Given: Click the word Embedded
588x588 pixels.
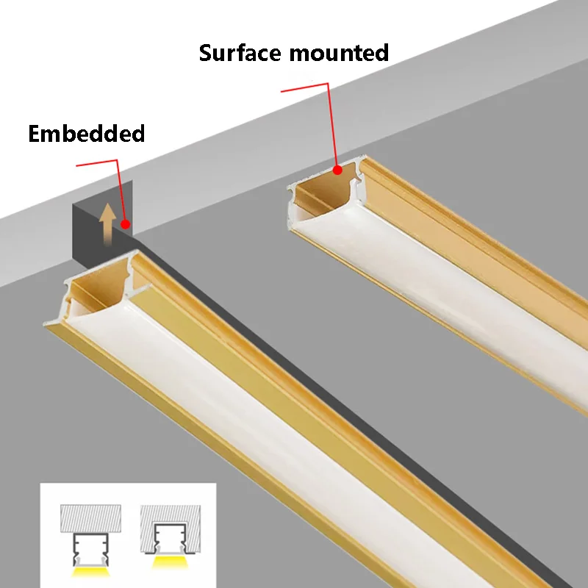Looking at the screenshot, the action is point(86,134).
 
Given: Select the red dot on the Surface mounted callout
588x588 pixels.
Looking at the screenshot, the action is point(337,170).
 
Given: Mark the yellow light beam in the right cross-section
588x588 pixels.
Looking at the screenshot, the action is point(168,570).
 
